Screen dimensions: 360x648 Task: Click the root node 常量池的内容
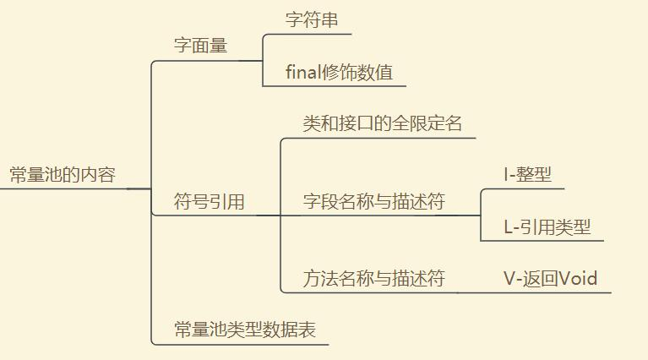62,176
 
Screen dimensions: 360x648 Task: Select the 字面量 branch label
200,46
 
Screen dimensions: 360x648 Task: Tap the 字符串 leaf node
312,20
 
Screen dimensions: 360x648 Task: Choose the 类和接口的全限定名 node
382,123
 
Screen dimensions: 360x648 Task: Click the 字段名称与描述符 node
373,202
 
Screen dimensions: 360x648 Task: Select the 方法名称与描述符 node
373,278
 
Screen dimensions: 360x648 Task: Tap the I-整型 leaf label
527,175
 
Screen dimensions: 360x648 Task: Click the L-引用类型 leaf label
547,226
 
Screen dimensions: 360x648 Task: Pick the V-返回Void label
550,278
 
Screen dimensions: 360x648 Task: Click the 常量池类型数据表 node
244,330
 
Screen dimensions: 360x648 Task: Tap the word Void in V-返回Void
579,278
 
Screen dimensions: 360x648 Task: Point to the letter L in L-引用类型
509,226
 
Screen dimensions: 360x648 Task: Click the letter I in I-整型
505,175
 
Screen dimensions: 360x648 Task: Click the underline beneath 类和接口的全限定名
380,138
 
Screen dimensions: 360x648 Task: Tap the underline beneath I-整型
524,189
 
